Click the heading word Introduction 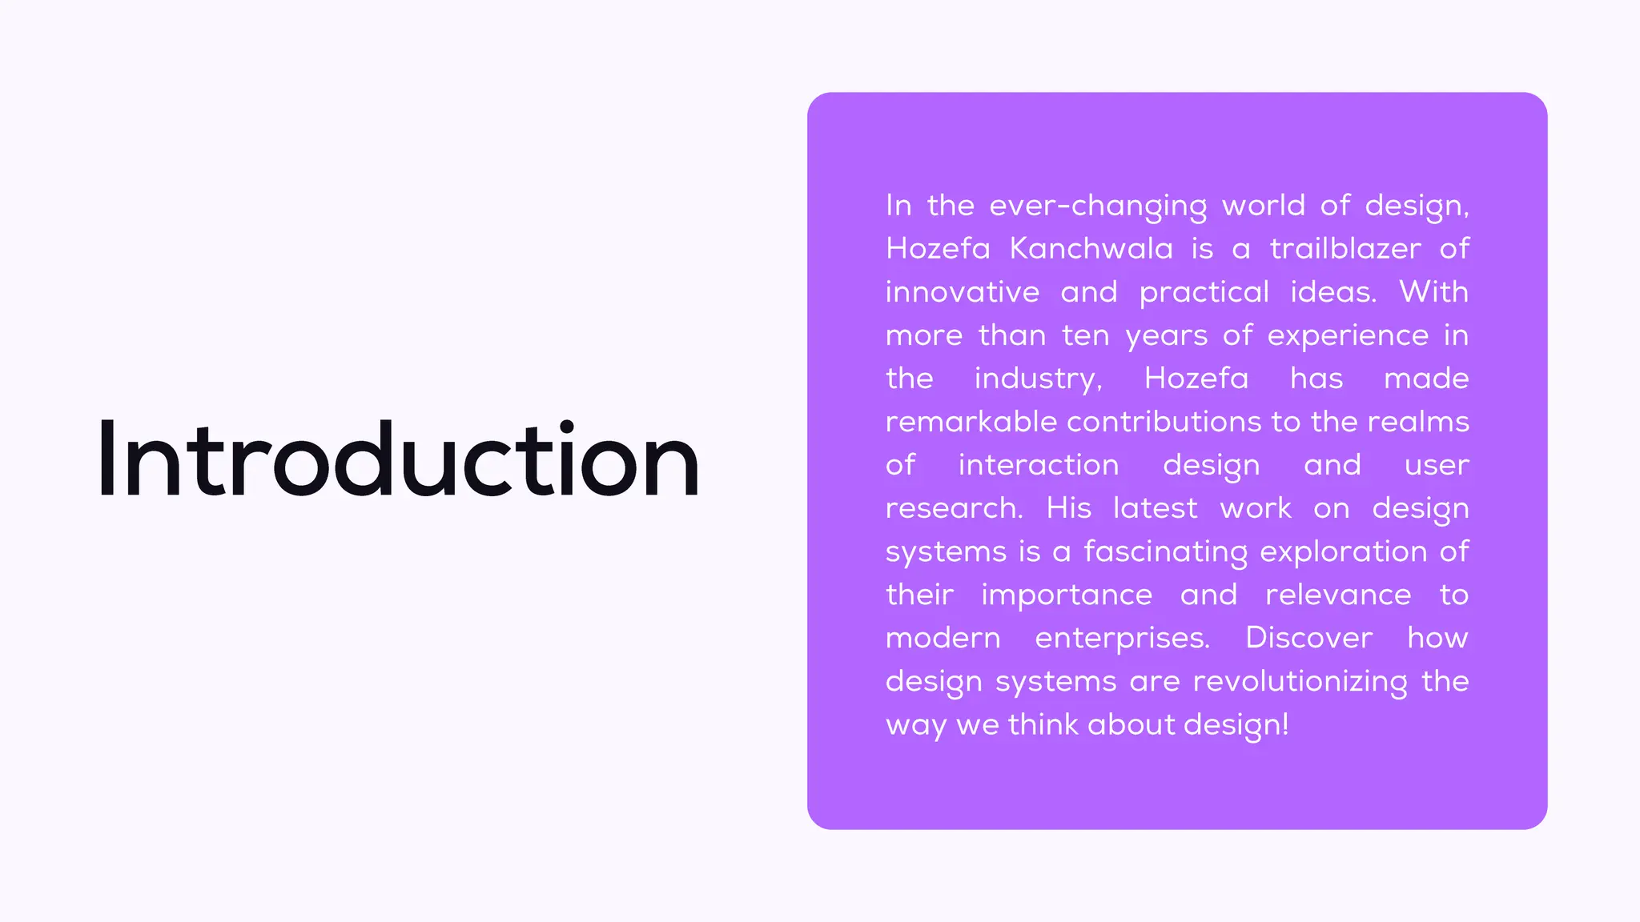tap(398, 460)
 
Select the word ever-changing tap(1098, 206)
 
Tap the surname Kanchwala tap(1091, 249)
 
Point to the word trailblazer tap(1345, 249)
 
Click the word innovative tap(963, 292)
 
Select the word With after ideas tap(1433, 292)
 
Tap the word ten tap(1086, 335)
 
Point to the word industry tap(1037, 379)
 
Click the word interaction tap(1039, 465)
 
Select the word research tap(954, 508)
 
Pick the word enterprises tap(1122, 639)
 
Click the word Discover tap(1308, 638)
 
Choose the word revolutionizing tap(1300, 682)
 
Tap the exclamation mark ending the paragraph tap(1285, 724)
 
